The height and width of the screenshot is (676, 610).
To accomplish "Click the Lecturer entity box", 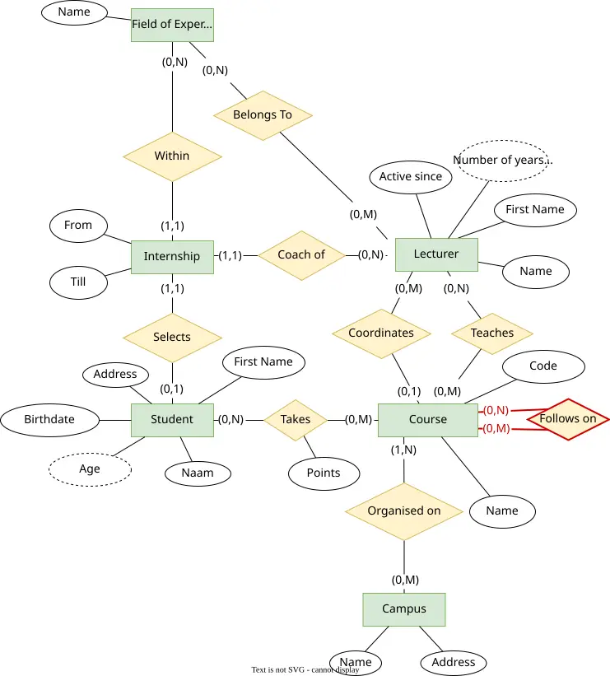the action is coord(436,254).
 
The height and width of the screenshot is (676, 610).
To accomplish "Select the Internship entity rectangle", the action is coord(172,257).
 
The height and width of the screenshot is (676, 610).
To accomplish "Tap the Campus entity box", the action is coord(404,609).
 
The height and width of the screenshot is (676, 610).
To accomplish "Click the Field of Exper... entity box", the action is coord(172,25).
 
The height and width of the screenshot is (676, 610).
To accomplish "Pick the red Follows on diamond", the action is coord(568,419).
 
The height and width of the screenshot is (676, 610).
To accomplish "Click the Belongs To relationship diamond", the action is coord(263,115).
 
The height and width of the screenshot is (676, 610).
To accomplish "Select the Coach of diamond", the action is coord(301,255).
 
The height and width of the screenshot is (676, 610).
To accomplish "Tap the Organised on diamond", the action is coord(404,511).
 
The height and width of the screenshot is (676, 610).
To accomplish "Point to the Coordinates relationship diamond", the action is coord(381,333).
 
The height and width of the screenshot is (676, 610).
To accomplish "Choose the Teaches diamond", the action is coord(492,333).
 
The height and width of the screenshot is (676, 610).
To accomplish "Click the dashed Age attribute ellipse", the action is coord(90,469).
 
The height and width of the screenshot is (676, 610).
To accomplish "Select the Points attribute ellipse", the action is coord(324,473).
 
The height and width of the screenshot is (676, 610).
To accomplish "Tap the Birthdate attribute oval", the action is coord(49,420).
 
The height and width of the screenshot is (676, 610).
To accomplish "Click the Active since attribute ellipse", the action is coord(411,177).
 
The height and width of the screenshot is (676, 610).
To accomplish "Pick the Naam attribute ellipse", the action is coord(198,473).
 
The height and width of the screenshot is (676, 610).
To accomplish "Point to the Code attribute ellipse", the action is coord(543,366).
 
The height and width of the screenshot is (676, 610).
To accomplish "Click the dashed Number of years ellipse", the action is coord(502,161).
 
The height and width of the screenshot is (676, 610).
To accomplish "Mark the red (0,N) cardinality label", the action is coord(496,410).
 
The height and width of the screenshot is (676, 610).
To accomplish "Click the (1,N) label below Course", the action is coord(403,450).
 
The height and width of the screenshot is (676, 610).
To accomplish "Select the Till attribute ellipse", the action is coord(78,282).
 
